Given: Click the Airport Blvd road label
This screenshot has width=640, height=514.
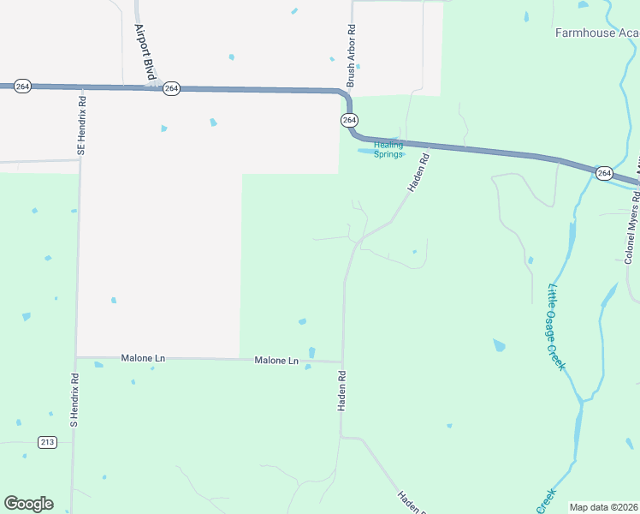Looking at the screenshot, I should pos(144,51).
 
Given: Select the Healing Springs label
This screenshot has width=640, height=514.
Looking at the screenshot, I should pos(388,149).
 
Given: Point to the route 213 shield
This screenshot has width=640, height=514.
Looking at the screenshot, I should pos(47,442).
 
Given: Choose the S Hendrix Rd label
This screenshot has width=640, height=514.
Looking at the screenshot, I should pos(74,400).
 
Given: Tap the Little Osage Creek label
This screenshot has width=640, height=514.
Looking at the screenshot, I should pos(557,327).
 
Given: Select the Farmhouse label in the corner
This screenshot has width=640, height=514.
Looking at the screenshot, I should pos(596,33).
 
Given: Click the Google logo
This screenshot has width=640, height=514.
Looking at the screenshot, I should pos(28,504).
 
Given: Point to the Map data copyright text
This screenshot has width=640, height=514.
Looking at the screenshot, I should pos(604,507).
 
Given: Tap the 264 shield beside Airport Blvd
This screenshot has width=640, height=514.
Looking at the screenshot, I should pos(172,88).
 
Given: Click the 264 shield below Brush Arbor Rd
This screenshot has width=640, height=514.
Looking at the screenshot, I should pos(349,121).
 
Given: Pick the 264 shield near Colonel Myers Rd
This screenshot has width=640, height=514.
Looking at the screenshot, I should pos(604,173).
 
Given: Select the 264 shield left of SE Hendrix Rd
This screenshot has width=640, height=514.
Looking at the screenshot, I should pos(23,87).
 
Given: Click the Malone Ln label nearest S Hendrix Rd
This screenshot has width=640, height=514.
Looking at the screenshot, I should pos(143,357).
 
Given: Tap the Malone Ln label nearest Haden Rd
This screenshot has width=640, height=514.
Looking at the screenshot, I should pos(276,361).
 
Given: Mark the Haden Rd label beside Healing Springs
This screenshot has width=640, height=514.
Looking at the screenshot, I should pos(417,173).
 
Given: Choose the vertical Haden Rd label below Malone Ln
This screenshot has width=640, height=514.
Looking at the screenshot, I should pos(341,391).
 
